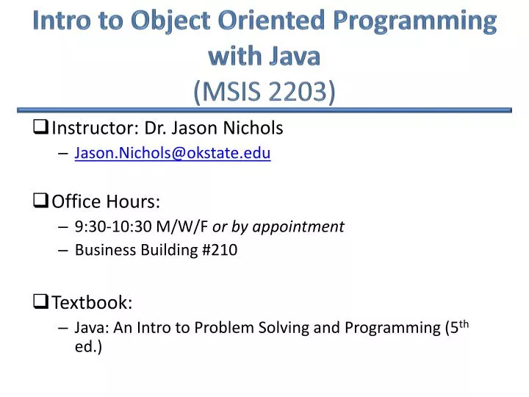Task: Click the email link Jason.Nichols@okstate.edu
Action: (173, 153)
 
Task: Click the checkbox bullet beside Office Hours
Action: (41, 201)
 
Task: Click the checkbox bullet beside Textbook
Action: (41, 301)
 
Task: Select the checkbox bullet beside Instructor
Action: (41, 128)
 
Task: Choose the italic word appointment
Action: (298, 226)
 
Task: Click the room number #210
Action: (219, 250)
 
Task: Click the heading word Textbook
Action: (92, 301)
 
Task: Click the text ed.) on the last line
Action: (88, 346)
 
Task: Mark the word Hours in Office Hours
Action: (134, 201)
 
